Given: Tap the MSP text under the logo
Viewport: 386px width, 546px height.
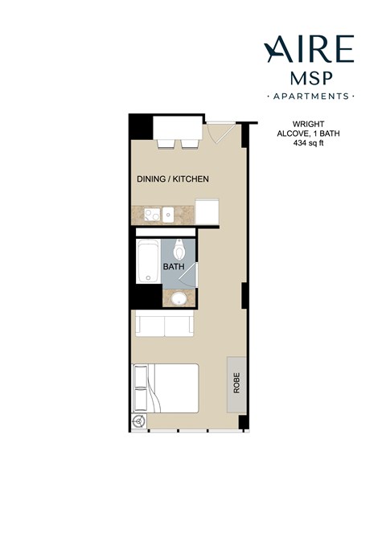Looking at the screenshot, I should (310, 79).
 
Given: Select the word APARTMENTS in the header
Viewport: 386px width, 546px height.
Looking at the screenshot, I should (310, 96).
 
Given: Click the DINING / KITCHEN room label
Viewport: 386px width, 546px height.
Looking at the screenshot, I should (172, 179).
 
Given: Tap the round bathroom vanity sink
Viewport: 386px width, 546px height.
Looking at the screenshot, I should (178, 300).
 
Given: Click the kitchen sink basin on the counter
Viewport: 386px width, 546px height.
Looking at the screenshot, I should (170, 214).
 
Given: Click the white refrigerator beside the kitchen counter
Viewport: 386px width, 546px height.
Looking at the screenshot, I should (207, 211).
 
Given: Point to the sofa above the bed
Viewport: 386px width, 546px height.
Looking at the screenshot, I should (164, 325).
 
